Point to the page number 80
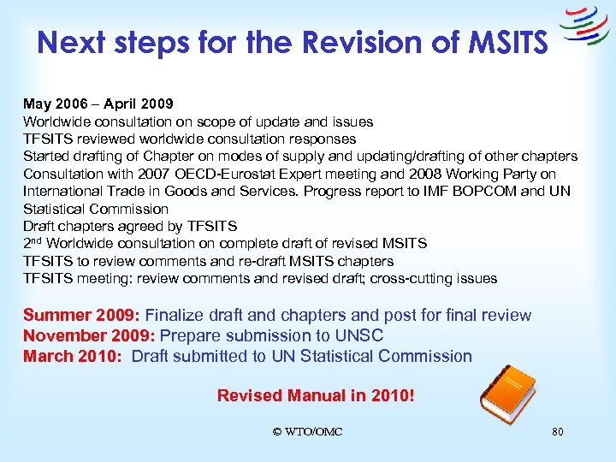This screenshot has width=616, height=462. [558, 431]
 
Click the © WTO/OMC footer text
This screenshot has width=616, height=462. [307, 431]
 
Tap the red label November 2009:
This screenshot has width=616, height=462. [89, 336]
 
